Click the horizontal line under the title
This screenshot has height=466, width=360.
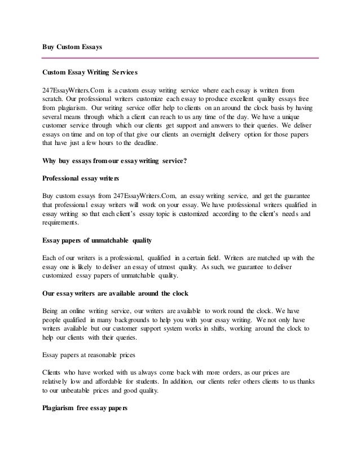click(181, 58)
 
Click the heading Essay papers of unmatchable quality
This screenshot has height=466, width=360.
click(97, 240)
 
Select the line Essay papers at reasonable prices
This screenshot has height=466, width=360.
click(93, 355)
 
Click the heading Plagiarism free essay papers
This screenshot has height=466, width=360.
click(86, 407)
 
